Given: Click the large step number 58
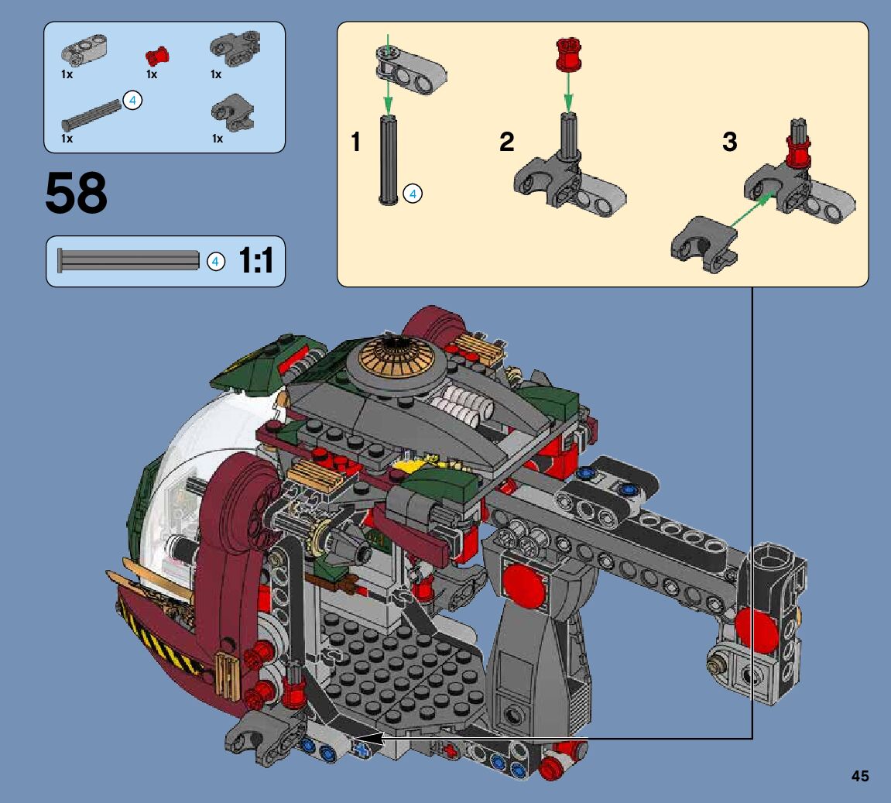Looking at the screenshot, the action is pos(76,193).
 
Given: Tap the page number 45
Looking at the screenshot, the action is pos(860,776).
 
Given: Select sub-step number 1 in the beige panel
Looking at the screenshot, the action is pos(356,142).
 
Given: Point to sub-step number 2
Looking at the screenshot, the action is pos(506,142).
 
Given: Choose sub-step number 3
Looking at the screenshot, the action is pos(730,142).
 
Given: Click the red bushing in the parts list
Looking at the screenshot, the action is pos(157,56).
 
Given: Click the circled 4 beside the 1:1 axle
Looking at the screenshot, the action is pos(215,262).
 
